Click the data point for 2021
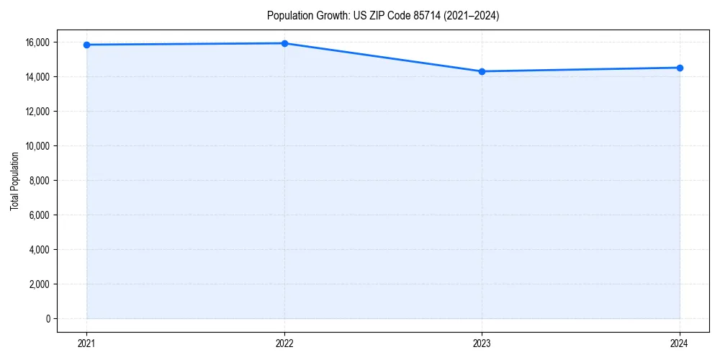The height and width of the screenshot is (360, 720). (x=86, y=45)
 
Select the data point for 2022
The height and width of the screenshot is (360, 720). (x=284, y=43)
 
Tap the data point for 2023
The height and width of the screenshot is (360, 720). (x=482, y=71)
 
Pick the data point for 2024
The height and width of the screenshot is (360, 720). (x=680, y=68)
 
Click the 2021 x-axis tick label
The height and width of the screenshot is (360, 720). (x=86, y=343)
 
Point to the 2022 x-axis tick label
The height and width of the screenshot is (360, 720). (x=284, y=343)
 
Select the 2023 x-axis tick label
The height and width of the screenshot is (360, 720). (x=482, y=343)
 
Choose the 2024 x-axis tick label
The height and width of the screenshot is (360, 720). (x=680, y=343)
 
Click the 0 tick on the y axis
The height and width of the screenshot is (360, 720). (x=48, y=319)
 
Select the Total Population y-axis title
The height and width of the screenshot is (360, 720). (x=14, y=181)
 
